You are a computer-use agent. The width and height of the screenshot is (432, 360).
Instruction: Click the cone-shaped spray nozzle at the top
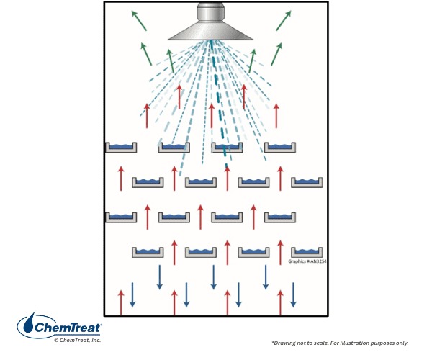coord(211,31)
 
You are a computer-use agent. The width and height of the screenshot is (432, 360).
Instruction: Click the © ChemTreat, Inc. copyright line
coord(78,340)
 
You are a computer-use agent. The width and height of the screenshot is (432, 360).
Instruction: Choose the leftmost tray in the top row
coord(121,148)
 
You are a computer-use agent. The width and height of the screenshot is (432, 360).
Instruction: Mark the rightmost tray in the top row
coord(279,148)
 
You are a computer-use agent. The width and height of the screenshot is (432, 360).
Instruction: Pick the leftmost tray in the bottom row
coord(148,252)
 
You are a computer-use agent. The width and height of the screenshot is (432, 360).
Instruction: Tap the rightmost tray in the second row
coord(307,182)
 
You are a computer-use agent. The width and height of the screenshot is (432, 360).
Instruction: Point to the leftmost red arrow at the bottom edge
coord(121,302)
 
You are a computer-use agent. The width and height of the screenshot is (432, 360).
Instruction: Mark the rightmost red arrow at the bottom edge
coord(280,302)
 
